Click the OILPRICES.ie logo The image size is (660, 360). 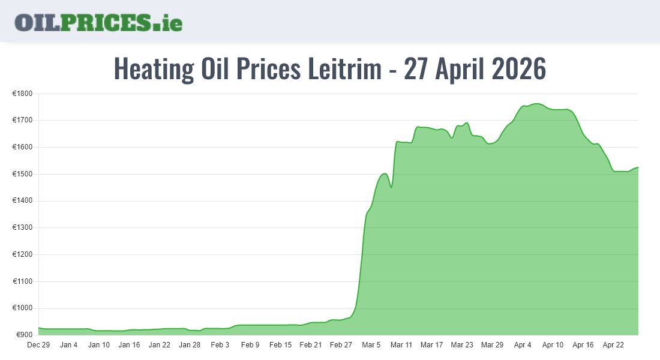click(x=98, y=22)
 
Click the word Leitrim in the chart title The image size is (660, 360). click(x=344, y=69)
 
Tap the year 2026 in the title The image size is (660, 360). click(x=519, y=69)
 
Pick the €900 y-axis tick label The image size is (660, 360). click(x=24, y=335)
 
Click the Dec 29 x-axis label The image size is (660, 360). click(x=38, y=345)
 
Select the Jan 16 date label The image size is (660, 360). click(x=129, y=345)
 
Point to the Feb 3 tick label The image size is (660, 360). click(x=220, y=345)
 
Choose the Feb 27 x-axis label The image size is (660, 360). click(x=341, y=345)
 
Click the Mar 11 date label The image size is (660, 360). click(x=401, y=345)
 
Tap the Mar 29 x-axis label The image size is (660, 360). click(x=492, y=345)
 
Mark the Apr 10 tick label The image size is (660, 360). click(x=553, y=345)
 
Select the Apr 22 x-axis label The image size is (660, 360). click(x=613, y=345)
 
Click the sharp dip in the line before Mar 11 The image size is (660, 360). click(x=391, y=187)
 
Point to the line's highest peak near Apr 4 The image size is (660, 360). click(x=536, y=104)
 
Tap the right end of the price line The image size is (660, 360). click(x=638, y=167)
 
